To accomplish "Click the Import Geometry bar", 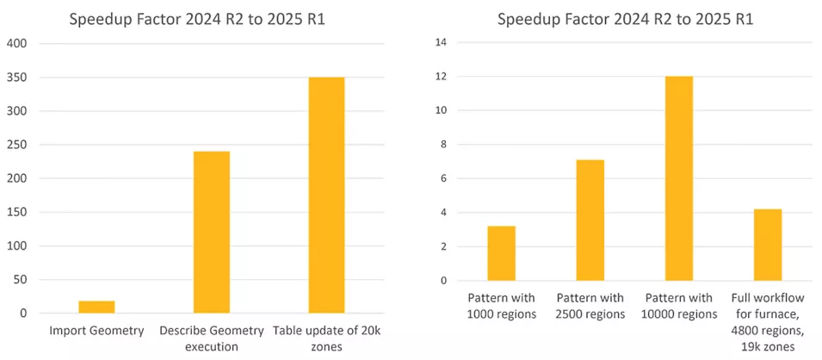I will (x=96, y=307).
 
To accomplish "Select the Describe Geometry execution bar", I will (x=212, y=233).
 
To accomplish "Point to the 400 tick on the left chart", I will (x=18, y=43).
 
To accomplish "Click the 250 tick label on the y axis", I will (x=18, y=145).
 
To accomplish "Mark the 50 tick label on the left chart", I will (x=21, y=280).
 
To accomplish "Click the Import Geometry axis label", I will (x=96, y=331).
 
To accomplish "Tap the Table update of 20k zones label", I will (x=326, y=338).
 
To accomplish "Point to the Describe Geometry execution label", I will (x=212, y=338).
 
